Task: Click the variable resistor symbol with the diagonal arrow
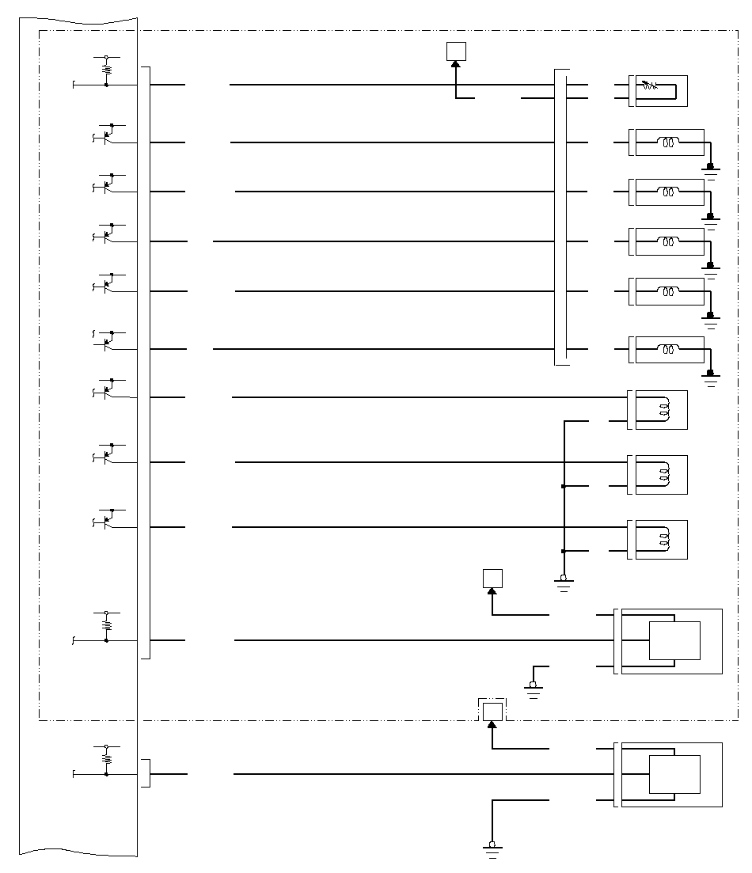[649, 84]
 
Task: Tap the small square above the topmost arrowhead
[456, 51]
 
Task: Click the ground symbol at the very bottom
[492, 850]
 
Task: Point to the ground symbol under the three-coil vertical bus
[564, 583]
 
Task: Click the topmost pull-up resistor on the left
[107, 69]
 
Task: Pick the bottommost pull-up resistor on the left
[107, 757]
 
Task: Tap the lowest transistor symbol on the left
[107, 520]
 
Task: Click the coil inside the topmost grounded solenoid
[669, 143]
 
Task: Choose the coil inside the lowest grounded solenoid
[669, 349]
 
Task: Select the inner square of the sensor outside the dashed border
[674, 774]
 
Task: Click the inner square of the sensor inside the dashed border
[674, 640]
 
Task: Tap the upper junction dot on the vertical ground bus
[563, 486]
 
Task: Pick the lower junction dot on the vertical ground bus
[563, 551]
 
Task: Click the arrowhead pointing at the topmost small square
[456, 66]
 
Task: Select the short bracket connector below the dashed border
[146, 773]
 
